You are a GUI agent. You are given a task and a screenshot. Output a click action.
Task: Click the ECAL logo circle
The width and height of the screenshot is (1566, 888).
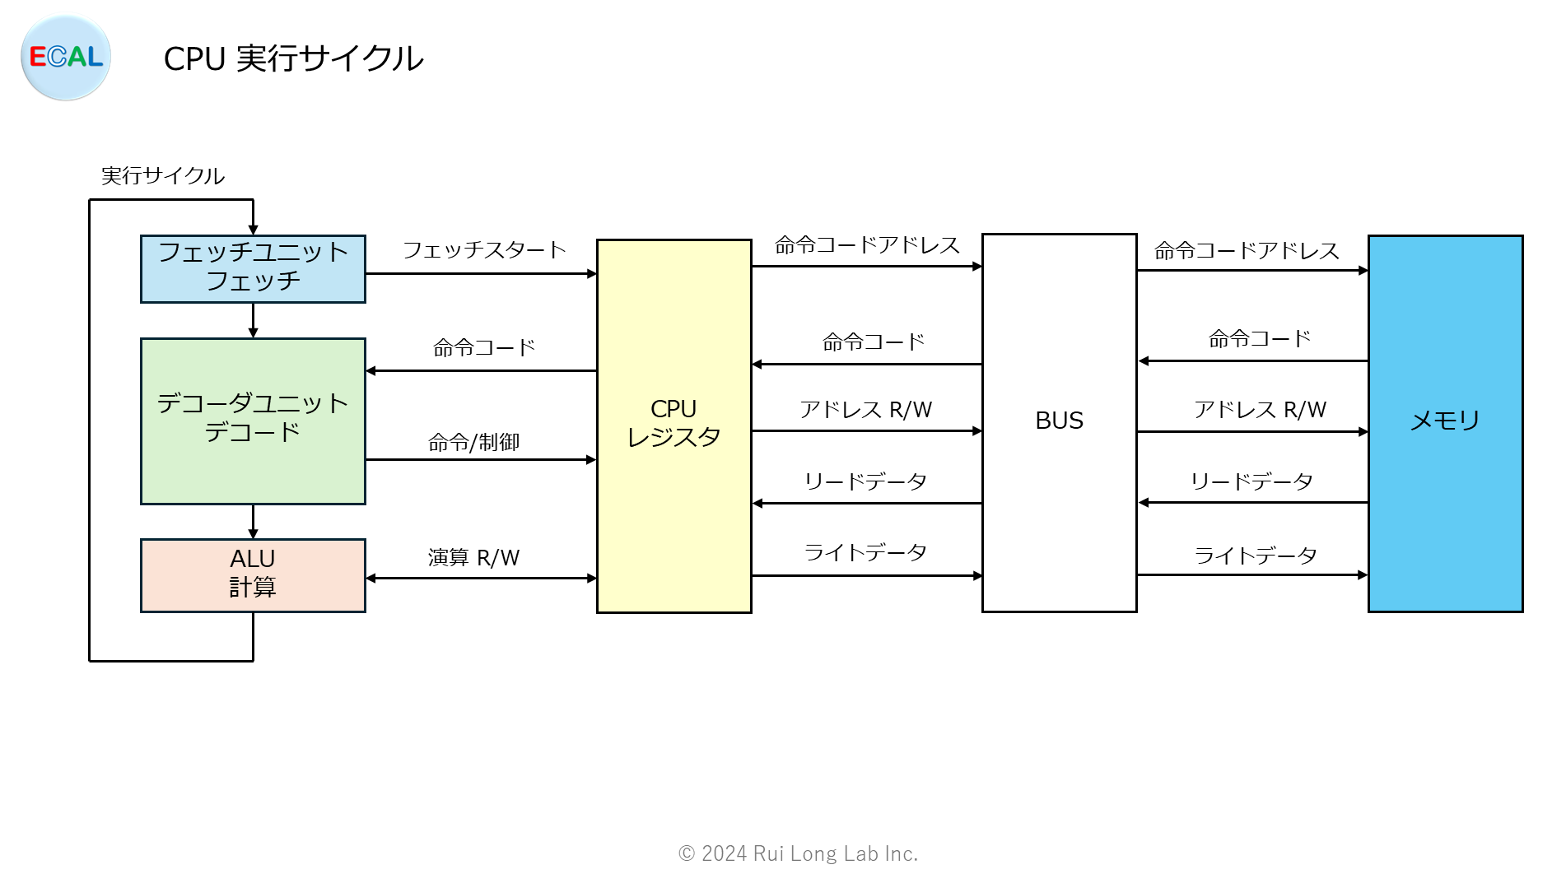pyautogui.click(x=66, y=58)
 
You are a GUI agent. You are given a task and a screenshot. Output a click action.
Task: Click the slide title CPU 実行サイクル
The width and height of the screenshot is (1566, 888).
pyautogui.click(x=293, y=58)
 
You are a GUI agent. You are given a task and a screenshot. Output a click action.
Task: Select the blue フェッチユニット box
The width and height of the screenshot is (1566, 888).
pyautogui.click(x=253, y=268)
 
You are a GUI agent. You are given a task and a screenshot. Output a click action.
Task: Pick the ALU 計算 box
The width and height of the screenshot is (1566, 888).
pyautogui.click(x=253, y=574)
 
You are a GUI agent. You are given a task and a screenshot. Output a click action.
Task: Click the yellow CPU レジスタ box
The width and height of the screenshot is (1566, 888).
pyautogui.click(x=673, y=425)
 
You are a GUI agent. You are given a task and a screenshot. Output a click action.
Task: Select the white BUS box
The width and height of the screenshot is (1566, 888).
pyautogui.click(x=1059, y=421)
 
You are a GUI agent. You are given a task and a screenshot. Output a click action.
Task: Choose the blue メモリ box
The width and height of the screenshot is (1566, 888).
pyautogui.click(x=1445, y=421)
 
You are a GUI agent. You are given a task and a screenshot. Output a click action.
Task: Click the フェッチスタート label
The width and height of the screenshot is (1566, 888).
pyautogui.click(x=484, y=250)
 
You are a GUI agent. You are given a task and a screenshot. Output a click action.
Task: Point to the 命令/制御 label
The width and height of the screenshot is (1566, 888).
pyautogui.click(x=473, y=443)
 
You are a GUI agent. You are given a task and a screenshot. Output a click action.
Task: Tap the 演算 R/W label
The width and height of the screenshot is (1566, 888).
pyautogui.click(x=473, y=558)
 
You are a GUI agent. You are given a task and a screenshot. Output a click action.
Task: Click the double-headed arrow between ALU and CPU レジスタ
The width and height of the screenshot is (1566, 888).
pyautogui.click(x=481, y=578)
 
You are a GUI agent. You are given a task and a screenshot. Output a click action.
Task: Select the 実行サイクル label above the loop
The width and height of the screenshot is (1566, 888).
pyautogui.click(x=162, y=176)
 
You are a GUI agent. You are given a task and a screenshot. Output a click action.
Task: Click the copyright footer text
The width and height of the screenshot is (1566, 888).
pyautogui.click(x=798, y=853)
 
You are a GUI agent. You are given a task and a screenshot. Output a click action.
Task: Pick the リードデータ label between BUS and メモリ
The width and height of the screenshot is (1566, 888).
pyautogui.click(x=1251, y=481)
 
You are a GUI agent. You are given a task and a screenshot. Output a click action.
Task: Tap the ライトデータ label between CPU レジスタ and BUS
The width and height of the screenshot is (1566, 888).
pyautogui.click(x=865, y=553)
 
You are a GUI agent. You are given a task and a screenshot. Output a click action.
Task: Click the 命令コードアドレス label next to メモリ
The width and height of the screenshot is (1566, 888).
pyautogui.click(x=1247, y=251)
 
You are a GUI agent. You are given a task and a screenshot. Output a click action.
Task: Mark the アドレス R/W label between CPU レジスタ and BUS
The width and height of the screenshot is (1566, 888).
pyautogui.click(x=865, y=410)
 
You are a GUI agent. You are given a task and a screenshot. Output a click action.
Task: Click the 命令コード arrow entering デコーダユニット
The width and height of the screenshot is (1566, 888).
pyautogui.click(x=481, y=370)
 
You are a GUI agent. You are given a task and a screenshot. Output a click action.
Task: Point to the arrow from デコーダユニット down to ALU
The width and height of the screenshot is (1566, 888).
pyautogui.click(x=253, y=522)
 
